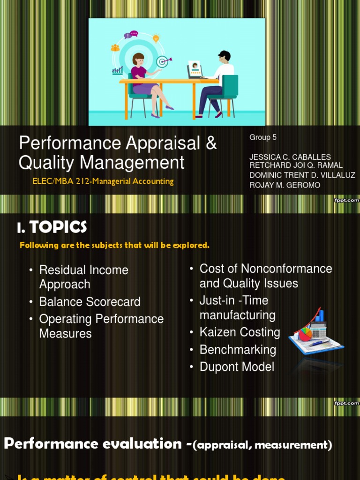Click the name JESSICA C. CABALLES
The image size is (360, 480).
click(x=290, y=157)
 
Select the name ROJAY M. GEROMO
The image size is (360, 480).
click(x=285, y=185)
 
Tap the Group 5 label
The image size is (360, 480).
click(x=263, y=137)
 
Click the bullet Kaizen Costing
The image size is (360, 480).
click(x=240, y=332)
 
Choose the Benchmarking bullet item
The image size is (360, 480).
click(x=238, y=350)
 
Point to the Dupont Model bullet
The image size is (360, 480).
click(x=237, y=367)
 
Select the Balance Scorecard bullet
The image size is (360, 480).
click(x=90, y=302)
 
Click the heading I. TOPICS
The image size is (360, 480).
click(x=52, y=227)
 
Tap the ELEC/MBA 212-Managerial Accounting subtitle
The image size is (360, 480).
click(x=103, y=181)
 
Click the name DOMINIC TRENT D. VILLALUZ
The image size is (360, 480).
click(x=302, y=175)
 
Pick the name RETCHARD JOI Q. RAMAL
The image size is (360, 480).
click(x=296, y=165)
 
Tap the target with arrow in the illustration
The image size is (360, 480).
click(x=163, y=61)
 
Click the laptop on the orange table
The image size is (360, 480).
click(x=195, y=70)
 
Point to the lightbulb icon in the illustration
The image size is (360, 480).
click(x=156, y=38)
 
